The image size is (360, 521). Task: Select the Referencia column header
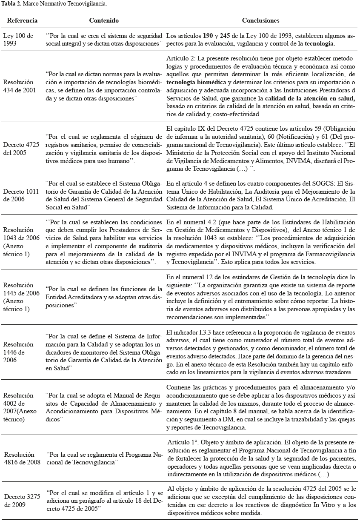coord(23,20)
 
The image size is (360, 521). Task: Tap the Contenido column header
coord(104,20)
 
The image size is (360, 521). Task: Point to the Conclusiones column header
coord(260,20)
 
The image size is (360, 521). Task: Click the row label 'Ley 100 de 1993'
coord(18,40)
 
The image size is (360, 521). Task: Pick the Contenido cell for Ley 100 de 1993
coord(104,40)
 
